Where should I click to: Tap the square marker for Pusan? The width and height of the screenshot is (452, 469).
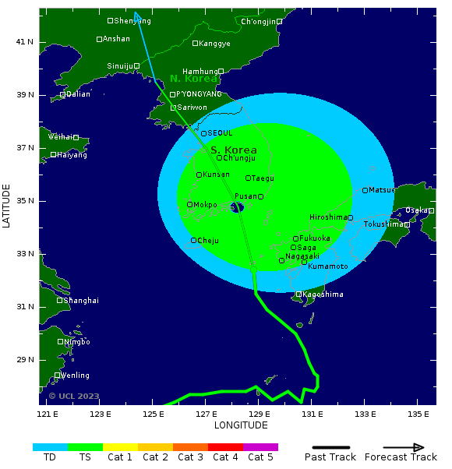point(261,196)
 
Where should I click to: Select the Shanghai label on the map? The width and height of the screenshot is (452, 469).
point(81,300)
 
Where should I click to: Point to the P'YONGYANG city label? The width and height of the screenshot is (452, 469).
point(199,94)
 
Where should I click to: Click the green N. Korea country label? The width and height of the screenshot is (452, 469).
point(193,79)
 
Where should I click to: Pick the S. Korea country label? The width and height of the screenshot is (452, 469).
point(234,150)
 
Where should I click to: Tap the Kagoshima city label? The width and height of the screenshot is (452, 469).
point(323,294)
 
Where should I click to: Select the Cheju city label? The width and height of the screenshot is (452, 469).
point(209,241)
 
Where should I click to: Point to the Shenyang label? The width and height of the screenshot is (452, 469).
point(132,21)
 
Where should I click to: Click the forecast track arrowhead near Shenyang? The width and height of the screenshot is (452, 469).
point(136,16)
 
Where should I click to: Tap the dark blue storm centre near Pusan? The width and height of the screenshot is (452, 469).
point(238,206)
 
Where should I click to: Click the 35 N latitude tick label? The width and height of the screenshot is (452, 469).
point(25,200)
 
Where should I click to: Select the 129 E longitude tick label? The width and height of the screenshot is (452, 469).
point(260,414)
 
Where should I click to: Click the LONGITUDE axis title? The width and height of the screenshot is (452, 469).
point(241,425)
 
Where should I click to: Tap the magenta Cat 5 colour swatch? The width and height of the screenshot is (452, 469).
point(260,447)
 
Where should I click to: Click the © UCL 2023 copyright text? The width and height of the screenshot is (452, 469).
point(74,396)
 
